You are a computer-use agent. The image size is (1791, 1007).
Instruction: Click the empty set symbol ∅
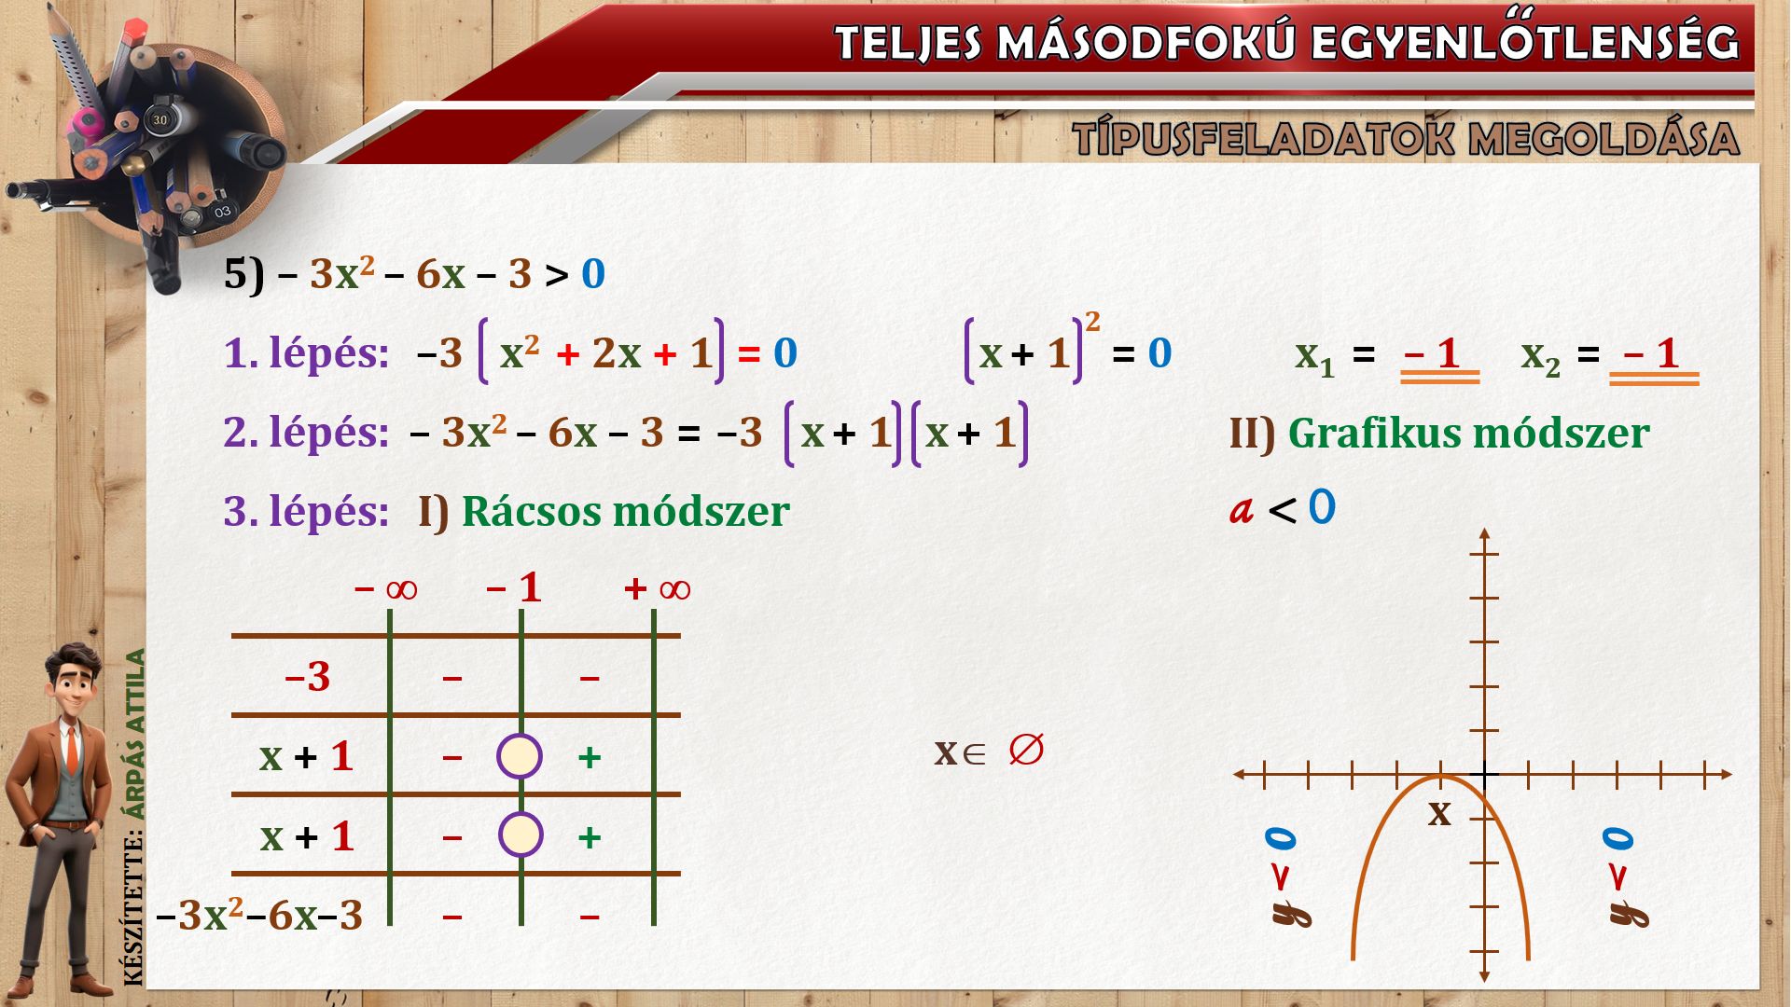(1026, 750)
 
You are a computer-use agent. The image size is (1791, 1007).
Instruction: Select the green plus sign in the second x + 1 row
(589, 837)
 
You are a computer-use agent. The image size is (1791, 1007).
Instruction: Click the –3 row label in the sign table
(307, 676)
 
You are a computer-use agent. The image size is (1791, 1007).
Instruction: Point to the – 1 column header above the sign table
(513, 587)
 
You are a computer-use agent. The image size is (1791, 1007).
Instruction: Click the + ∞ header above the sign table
(658, 588)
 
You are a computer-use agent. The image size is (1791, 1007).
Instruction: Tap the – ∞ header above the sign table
(386, 588)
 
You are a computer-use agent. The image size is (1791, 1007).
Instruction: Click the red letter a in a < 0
(1241, 510)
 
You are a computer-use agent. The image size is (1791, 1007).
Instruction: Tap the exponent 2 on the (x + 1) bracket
(1092, 322)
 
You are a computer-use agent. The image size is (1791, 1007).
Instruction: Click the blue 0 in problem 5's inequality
(593, 274)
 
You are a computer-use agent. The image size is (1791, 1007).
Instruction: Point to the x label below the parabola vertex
(1439, 814)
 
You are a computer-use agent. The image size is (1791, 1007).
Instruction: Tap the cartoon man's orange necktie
(72, 749)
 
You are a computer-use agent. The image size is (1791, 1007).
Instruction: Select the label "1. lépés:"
(306, 353)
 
